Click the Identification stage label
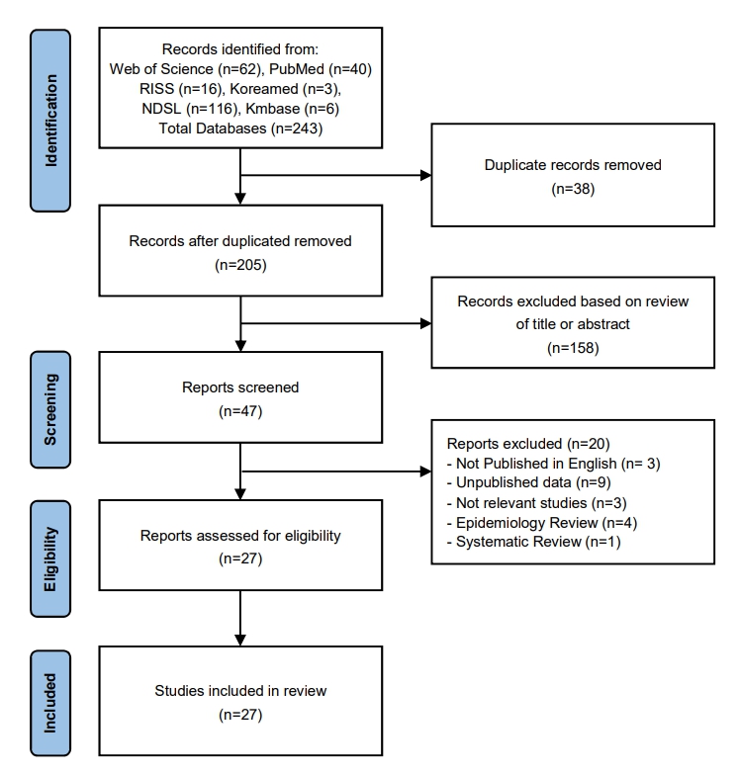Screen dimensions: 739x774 point(50,121)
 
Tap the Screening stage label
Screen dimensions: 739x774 point(50,409)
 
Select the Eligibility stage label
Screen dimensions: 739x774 point(50,559)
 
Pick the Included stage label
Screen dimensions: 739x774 point(50,703)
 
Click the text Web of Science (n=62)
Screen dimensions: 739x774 point(185,69)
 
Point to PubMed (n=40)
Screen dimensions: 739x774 point(321,69)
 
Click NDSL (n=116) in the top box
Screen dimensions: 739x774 point(189,109)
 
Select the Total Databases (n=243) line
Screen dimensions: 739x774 point(240,129)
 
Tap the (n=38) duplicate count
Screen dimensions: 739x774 point(573,189)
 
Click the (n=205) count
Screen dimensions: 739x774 point(240,265)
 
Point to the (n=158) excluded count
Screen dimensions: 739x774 point(573,348)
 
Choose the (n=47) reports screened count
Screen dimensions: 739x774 point(240,410)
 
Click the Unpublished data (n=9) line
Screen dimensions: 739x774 point(528,482)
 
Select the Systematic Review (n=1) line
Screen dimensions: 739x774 point(533,542)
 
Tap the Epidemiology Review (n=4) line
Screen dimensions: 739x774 point(542,522)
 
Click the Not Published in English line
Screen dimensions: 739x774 point(553,464)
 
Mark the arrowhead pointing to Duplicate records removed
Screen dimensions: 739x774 point(425,175)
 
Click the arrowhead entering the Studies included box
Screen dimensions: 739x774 point(240,641)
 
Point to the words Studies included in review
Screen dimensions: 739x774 point(240,691)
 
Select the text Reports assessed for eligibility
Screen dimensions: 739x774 point(240,536)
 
